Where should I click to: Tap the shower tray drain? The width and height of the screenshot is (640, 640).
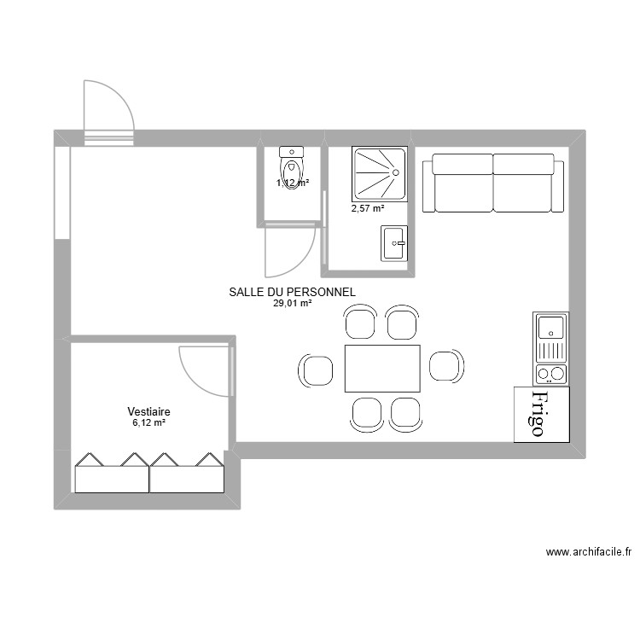pyautogui.click(x=396, y=172)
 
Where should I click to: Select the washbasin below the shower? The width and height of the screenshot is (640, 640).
pyautogui.click(x=393, y=242)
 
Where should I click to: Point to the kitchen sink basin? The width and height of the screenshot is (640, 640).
pyautogui.click(x=550, y=325)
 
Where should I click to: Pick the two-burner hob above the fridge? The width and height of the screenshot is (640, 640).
pyautogui.click(x=550, y=374)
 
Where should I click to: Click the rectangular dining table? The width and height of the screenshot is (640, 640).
pyautogui.click(x=382, y=368)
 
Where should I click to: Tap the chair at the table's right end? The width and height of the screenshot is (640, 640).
pyautogui.click(x=446, y=365)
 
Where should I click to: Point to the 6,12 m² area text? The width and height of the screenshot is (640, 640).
pyautogui.click(x=148, y=422)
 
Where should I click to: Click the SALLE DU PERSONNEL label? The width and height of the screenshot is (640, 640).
pyautogui.click(x=292, y=292)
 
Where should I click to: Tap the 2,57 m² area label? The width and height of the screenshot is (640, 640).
pyautogui.click(x=368, y=207)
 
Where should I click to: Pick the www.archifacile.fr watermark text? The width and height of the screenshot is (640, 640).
pyautogui.click(x=589, y=552)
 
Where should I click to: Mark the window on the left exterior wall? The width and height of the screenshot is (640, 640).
pyautogui.click(x=61, y=193)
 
